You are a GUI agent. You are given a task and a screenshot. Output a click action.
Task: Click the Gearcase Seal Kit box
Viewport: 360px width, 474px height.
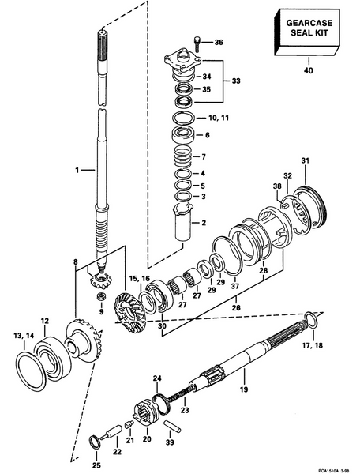(x=307, y=32)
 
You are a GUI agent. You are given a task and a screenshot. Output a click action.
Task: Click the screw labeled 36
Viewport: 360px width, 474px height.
(x=197, y=43)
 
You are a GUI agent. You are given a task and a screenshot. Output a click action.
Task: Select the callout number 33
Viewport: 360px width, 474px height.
(x=236, y=81)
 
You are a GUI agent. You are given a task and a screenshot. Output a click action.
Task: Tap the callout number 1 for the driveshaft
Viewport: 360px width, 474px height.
(x=77, y=171)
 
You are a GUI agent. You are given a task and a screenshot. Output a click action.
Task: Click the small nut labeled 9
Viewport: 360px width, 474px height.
(x=101, y=296)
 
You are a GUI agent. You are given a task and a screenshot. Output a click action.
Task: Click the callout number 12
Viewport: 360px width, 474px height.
(x=44, y=321)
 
